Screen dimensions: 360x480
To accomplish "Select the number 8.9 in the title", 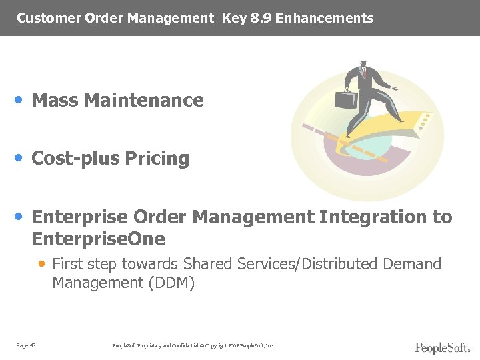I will [260, 19].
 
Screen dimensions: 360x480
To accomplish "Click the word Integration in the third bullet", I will [371, 217].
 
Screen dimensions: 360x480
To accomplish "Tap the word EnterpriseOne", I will [98, 239].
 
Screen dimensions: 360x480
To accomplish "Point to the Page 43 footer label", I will [27, 345].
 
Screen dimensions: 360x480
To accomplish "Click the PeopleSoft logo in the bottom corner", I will [441, 347].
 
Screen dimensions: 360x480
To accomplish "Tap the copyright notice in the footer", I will [194, 345].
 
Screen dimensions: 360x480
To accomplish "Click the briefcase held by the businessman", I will [345, 99].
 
